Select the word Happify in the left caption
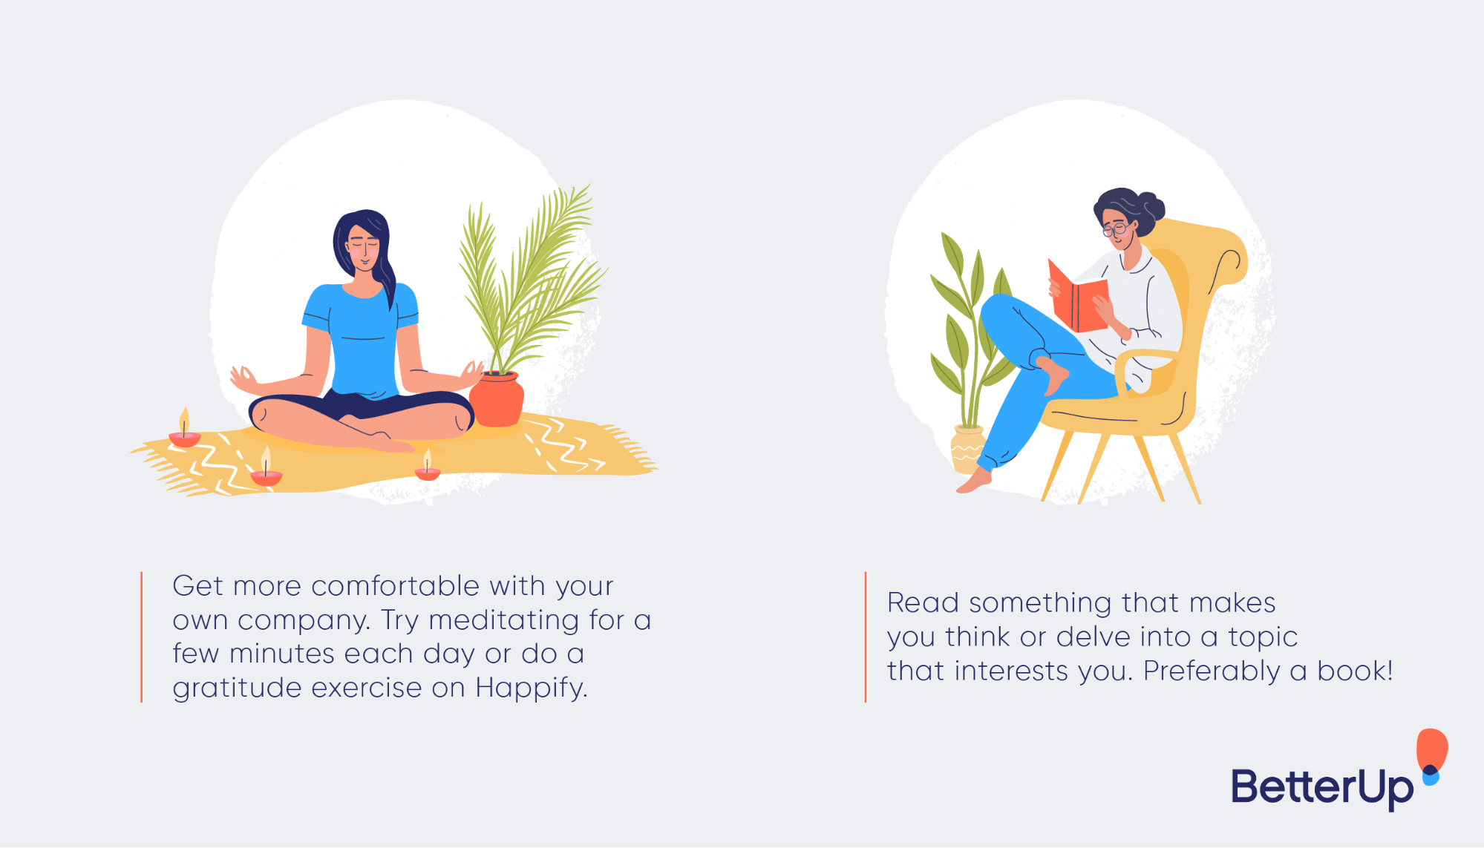pos(531,688)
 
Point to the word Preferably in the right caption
pos(1212,671)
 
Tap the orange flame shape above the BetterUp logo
pos(1432,748)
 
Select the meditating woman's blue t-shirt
pos(361,334)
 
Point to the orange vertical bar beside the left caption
pos(141,637)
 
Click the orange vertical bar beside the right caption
pos(865,637)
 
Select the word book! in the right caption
pos(1355,671)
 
